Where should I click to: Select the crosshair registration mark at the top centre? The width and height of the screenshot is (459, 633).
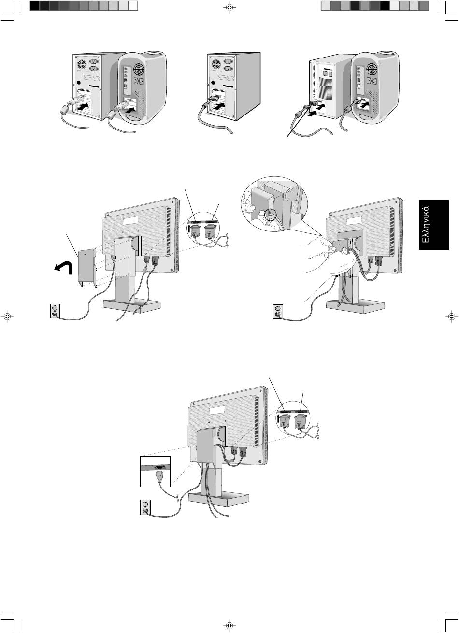point(229,7)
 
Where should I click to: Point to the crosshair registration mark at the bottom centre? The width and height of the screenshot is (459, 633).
point(229,625)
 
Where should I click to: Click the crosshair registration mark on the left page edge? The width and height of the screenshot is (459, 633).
point(7,316)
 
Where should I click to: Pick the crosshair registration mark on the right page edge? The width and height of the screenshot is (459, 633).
point(451,316)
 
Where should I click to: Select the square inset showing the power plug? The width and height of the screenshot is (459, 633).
point(155,471)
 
